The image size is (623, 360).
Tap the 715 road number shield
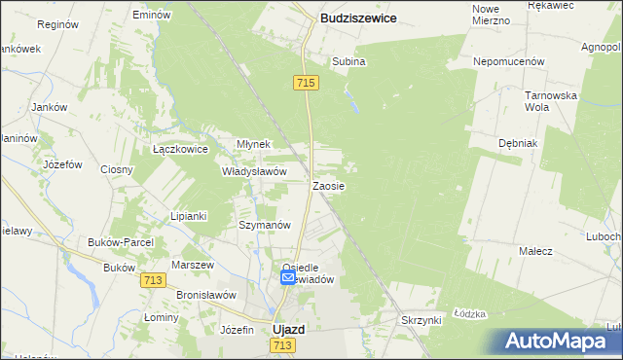tap(305, 85)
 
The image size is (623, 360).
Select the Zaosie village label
tap(328, 185)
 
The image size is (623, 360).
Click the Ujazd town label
tap(288, 329)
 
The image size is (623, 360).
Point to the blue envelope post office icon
tap(288, 278)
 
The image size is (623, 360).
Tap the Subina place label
tap(348, 61)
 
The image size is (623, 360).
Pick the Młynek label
tap(253, 144)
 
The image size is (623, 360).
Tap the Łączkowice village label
tap(181, 150)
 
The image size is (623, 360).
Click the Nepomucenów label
tap(508, 60)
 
